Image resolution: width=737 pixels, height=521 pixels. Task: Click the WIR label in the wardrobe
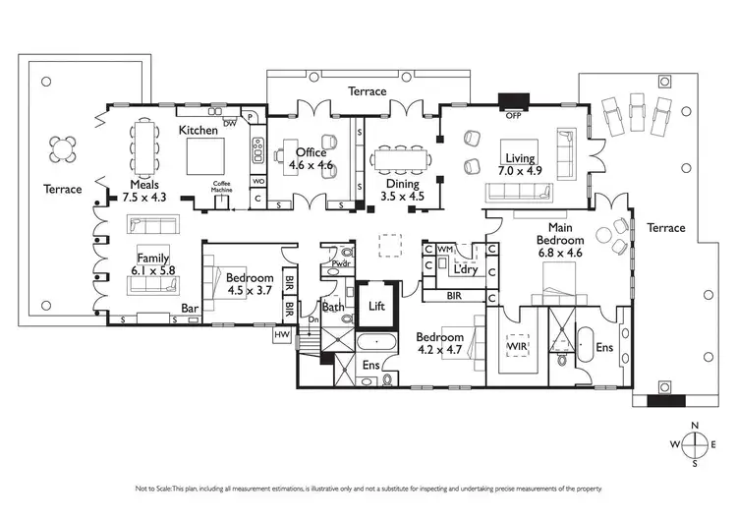click(517, 348)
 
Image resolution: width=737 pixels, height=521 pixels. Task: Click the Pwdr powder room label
click(342, 263)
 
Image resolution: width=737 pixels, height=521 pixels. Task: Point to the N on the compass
click(695, 425)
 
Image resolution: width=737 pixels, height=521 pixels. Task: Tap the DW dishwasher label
click(230, 123)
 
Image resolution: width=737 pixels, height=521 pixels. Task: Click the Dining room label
click(401, 183)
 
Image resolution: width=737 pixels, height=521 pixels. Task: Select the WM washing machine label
click(444, 251)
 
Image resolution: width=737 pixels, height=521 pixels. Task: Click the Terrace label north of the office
click(368, 91)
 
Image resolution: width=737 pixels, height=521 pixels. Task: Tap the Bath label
click(332, 307)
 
